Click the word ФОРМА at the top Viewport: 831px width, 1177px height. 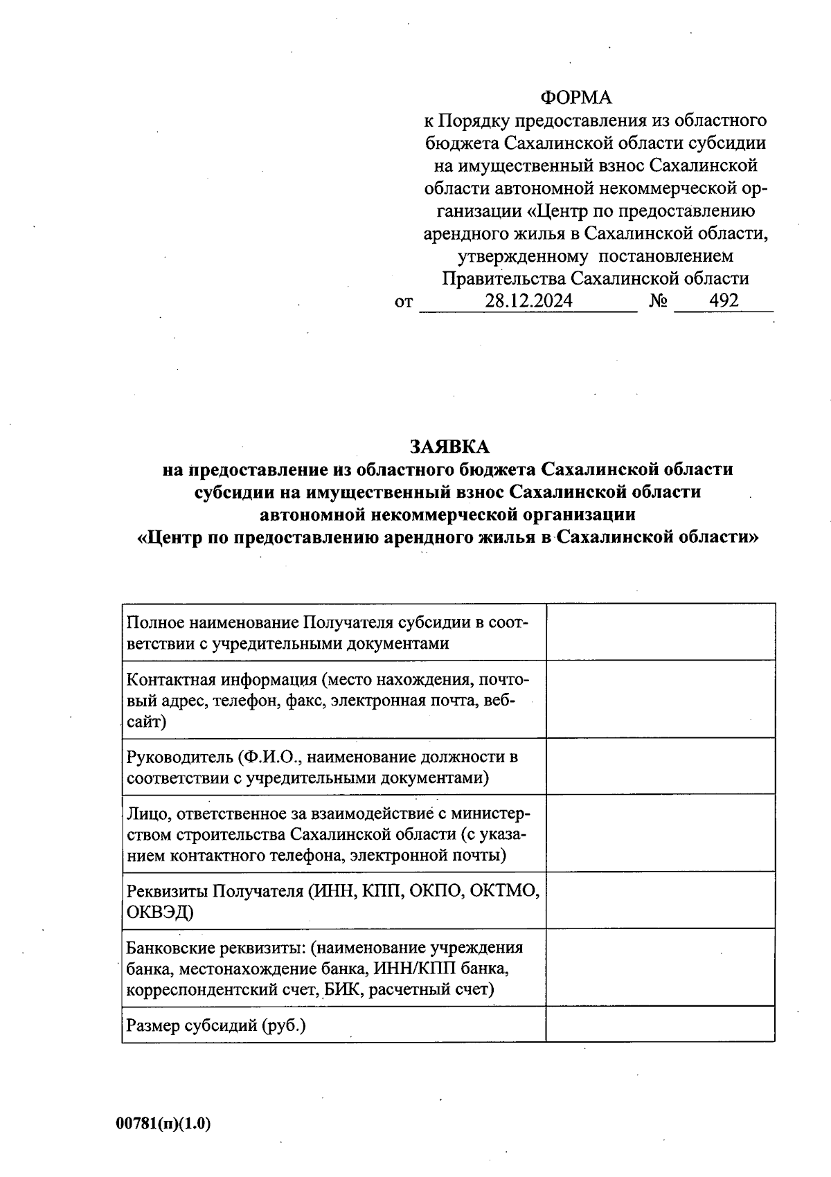pyautogui.click(x=576, y=98)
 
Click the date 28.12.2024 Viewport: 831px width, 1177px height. pyautogui.click(x=528, y=300)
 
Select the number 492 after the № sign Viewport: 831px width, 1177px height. pyautogui.click(x=724, y=300)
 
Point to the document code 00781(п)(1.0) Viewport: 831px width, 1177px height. pyautogui.click(x=163, y=1123)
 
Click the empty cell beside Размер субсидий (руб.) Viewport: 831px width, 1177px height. pyautogui.click(x=660, y=1024)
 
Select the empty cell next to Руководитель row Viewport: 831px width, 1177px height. pyautogui.click(x=660, y=766)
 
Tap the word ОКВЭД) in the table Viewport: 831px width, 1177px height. pyautogui.click(x=159, y=912)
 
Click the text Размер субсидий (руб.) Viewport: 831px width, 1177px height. pyautogui.click(x=215, y=1025)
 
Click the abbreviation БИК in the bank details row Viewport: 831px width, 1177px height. pyautogui.click(x=342, y=989)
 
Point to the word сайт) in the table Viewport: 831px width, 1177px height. pyautogui.click(x=145, y=722)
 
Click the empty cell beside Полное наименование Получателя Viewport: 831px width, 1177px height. pyautogui.click(x=660, y=631)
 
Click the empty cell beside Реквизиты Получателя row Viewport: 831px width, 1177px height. pyautogui.click(x=660, y=900)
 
